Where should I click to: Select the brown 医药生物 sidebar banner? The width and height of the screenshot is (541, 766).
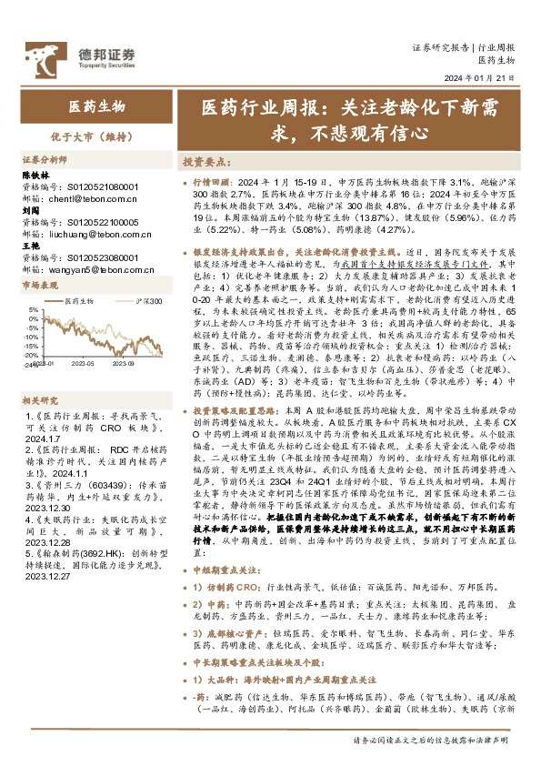[x=87, y=106]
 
